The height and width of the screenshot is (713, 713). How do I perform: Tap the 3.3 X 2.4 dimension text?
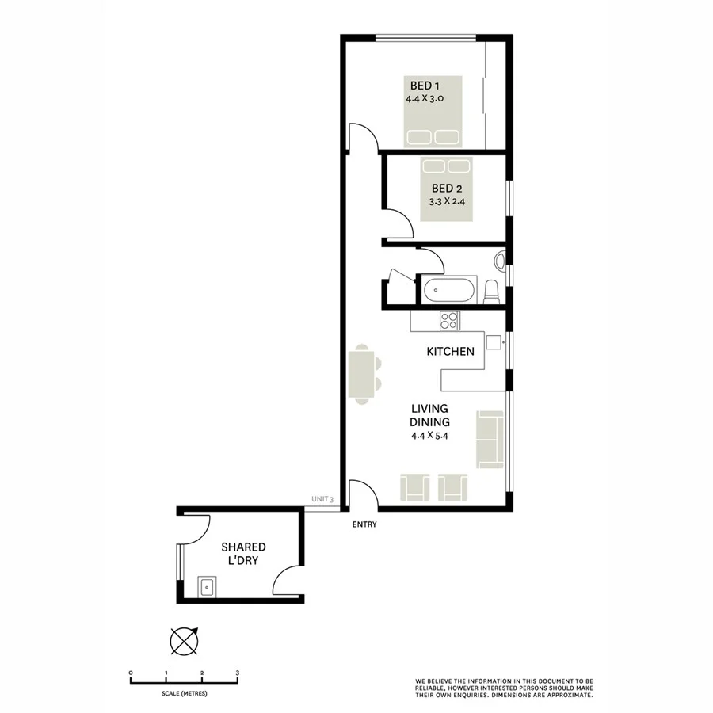446,201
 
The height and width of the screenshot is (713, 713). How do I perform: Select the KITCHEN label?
450,351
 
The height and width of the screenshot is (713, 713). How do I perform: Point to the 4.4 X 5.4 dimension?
430,436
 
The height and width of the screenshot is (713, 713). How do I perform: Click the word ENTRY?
364,524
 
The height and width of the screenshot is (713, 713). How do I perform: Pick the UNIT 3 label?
323,499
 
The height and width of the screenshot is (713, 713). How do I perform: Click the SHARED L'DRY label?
243,554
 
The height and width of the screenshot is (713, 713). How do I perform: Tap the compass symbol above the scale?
183,640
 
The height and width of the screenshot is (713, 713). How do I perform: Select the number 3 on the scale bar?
238,673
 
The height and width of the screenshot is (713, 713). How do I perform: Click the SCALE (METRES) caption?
184,694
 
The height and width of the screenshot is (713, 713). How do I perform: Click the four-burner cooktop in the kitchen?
449,321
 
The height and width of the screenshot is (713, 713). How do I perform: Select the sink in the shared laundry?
208,587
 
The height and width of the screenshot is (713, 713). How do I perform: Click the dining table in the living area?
362,374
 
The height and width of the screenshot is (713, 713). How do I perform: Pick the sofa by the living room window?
490,438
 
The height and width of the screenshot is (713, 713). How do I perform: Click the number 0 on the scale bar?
131,673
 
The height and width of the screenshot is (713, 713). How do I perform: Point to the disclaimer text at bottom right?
504,687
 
